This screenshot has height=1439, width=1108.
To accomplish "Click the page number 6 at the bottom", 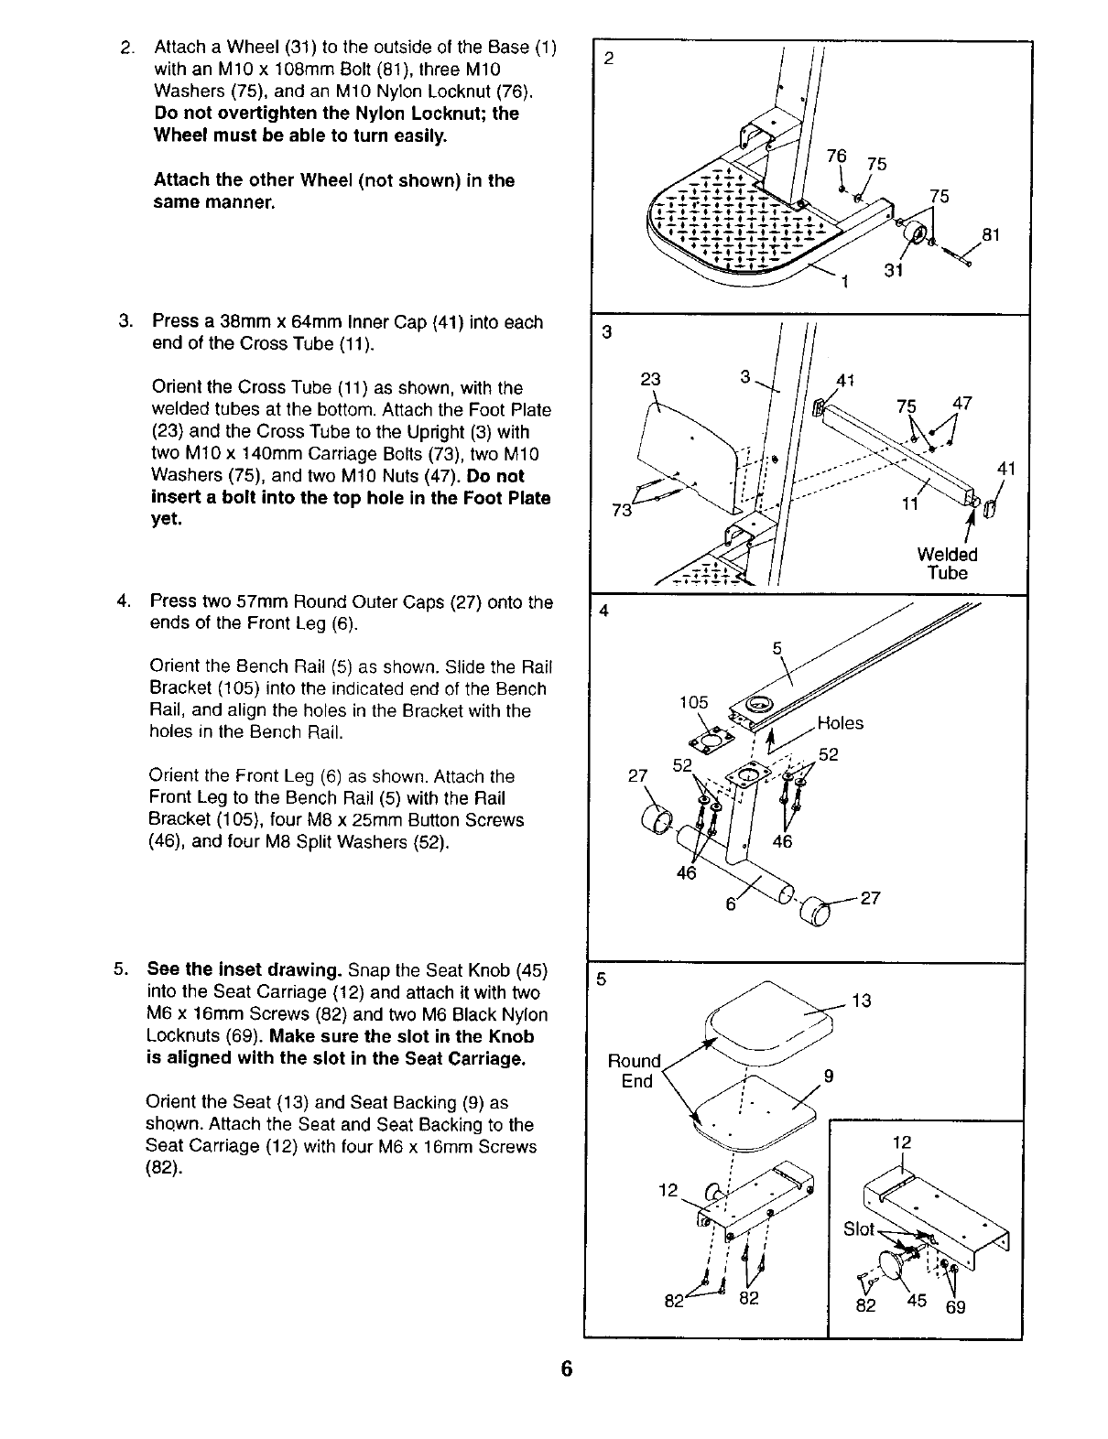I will (567, 1369).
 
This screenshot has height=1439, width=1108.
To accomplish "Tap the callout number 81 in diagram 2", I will (991, 235).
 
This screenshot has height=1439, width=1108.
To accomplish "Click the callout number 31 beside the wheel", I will (895, 270).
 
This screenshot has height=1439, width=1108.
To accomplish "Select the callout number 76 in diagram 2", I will (836, 156).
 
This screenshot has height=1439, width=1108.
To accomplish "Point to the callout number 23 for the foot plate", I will (649, 380).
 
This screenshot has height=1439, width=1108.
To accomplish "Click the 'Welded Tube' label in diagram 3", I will (948, 564).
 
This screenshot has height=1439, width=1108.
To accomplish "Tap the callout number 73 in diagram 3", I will (623, 510).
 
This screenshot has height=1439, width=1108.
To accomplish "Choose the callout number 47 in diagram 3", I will (962, 404).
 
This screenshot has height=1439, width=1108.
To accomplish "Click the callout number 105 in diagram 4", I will (693, 702).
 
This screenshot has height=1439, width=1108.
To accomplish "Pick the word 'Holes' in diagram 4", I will (840, 723).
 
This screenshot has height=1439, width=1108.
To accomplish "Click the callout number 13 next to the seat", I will (862, 1001).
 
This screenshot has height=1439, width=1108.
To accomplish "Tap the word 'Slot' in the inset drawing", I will (858, 1228).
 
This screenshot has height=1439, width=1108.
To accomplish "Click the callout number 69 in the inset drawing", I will (955, 1306).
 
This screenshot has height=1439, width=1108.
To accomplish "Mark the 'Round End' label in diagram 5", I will (635, 1071).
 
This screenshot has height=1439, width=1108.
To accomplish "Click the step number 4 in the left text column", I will (122, 602).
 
